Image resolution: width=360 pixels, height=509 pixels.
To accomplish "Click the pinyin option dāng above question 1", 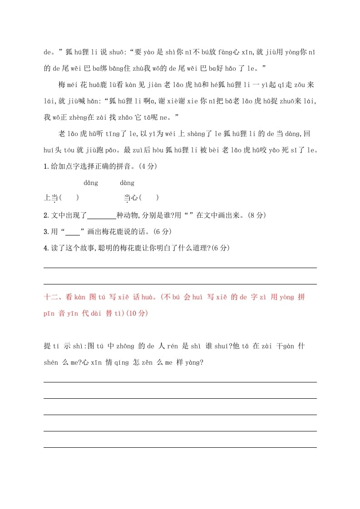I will [91, 183].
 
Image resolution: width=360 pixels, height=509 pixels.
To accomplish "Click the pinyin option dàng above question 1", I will [127, 183].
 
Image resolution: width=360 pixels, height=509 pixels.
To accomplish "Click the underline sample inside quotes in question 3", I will [73, 232].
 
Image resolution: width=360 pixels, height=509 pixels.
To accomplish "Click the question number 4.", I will [46, 248].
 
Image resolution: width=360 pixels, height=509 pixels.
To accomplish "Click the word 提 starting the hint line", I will [47, 347].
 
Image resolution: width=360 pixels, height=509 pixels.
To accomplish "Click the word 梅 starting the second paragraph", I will [63, 84].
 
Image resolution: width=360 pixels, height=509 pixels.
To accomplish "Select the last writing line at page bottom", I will [180, 447].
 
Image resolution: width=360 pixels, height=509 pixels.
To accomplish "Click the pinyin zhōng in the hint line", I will [126, 347].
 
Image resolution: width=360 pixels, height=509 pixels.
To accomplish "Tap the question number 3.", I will [46, 232].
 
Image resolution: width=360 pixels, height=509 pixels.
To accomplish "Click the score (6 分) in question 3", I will [161, 232].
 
